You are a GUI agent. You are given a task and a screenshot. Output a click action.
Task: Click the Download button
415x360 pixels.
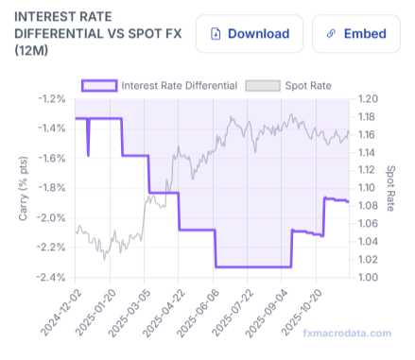[250, 34]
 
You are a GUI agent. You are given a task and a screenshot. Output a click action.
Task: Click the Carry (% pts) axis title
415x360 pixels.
[23, 188]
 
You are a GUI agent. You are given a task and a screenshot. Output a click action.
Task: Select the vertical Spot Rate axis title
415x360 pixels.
[391, 188]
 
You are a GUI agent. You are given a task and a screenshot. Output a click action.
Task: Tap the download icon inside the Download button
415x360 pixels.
[215, 34]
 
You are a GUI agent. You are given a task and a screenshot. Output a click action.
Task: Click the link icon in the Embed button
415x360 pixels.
[331, 34]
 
